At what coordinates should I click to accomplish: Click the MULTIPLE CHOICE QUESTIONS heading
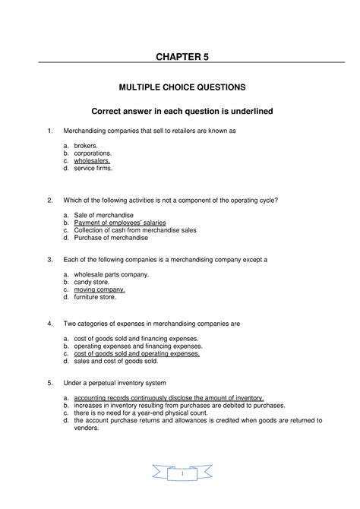tap(179, 87)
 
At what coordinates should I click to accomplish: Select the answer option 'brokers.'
tap(87, 144)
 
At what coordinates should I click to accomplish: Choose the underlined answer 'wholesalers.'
tap(92, 160)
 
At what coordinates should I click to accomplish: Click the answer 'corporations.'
tap(95, 153)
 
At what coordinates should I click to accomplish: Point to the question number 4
tap(49, 323)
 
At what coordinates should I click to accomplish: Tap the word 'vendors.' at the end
tap(87, 428)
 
